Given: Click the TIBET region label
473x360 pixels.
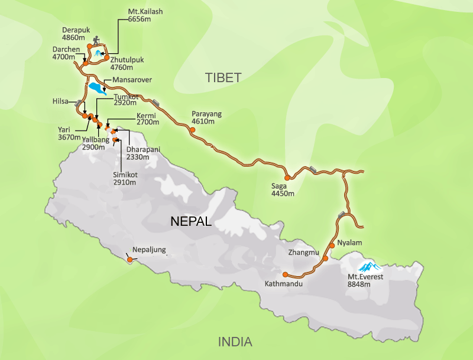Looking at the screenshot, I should click(223, 77).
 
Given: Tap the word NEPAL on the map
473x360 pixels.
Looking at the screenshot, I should click(190, 222).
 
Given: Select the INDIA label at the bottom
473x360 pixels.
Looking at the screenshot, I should click(235, 342).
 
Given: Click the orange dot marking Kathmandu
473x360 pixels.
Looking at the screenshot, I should click(285, 275).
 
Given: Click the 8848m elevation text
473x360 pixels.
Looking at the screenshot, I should click(359, 284).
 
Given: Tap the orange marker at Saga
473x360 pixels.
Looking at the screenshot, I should click(287, 177).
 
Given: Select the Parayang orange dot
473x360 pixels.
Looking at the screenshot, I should click(192, 129).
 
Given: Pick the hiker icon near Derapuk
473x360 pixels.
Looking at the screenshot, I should click(96, 42).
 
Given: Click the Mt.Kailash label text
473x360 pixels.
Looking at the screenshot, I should click(145, 11).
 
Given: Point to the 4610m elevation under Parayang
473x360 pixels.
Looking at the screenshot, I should click(202, 122).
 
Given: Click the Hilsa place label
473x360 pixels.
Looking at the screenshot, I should click(61, 101).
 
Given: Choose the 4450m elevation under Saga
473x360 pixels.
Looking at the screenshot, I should click(283, 193).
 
